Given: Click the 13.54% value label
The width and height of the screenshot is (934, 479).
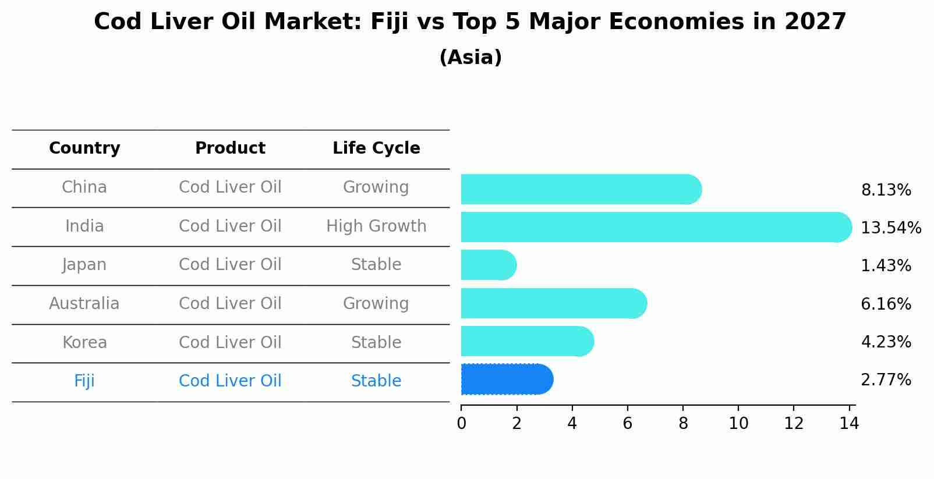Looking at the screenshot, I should click(x=891, y=228).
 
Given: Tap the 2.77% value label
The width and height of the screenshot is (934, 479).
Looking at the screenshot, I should click(x=886, y=380).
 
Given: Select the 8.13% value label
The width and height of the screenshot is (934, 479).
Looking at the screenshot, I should click(x=886, y=190).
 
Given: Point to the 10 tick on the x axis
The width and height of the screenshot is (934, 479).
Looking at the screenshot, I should click(x=738, y=423).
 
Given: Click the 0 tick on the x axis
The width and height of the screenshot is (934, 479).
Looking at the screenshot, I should click(x=461, y=423).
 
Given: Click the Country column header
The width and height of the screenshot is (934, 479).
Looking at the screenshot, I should click(x=84, y=148).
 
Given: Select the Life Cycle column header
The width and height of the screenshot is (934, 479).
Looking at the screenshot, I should click(x=376, y=148).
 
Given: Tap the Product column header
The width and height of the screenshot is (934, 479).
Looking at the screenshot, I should click(x=230, y=148).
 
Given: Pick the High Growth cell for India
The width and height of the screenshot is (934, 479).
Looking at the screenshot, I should click(x=376, y=226).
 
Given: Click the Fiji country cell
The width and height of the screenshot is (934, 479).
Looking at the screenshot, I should click(x=84, y=381).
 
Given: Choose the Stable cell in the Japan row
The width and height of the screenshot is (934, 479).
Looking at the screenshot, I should click(x=376, y=265).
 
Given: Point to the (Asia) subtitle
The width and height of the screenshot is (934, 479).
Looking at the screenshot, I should click(x=470, y=58).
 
